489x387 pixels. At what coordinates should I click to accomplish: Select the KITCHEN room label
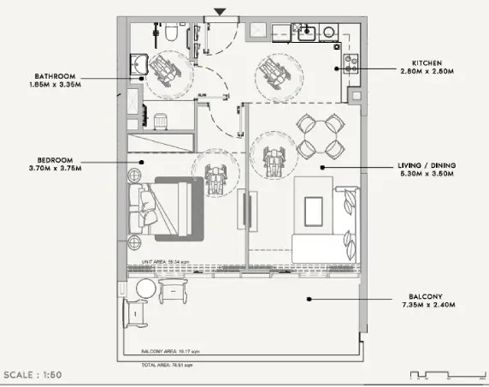pos(427,63)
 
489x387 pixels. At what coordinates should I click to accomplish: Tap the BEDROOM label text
pos(55,159)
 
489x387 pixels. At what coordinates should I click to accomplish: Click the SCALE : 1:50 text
pos(32,374)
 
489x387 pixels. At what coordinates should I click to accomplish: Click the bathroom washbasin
pos(137,63)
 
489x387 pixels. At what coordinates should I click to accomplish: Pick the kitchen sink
pos(305,32)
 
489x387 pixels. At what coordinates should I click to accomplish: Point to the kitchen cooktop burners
pos(349,62)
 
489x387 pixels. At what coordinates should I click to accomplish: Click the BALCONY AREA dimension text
pos(171,352)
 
